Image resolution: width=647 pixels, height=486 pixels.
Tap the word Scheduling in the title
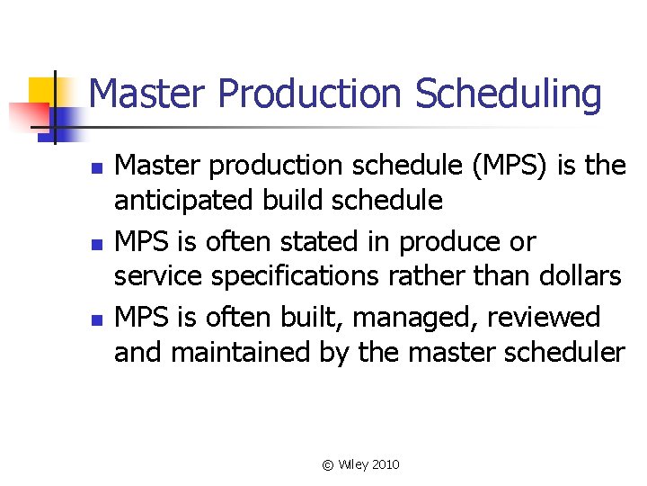pos(509,94)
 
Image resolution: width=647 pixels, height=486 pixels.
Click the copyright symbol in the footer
pos(328,464)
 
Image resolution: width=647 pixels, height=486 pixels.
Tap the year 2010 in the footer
pos(385,464)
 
